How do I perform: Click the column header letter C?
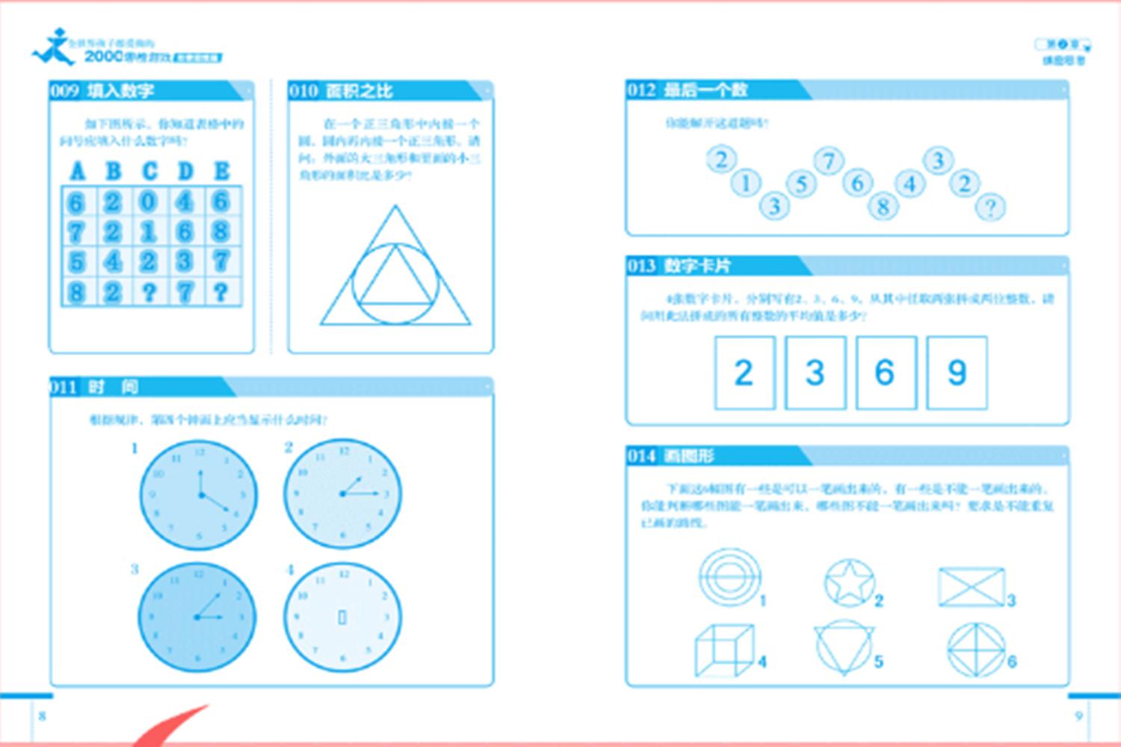point(149,171)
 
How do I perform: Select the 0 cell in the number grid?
point(149,202)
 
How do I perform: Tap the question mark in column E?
point(220,291)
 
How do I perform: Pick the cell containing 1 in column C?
point(149,232)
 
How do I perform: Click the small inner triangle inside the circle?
point(395,280)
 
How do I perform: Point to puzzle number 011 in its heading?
point(64,387)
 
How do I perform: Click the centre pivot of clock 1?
point(200,495)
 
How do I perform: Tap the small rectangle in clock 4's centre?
point(342,617)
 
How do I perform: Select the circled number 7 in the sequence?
point(828,161)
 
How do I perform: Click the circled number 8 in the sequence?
point(883,206)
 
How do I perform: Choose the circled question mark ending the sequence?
point(991,207)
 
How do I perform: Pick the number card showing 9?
point(957,373)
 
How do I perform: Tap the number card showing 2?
point(744,373)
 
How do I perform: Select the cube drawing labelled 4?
point(723,650)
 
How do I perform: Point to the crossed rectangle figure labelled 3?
point(971,586)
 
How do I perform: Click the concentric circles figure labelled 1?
point(729,577)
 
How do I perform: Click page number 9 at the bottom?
point(1078,716)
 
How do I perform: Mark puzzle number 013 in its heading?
point(641,266)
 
